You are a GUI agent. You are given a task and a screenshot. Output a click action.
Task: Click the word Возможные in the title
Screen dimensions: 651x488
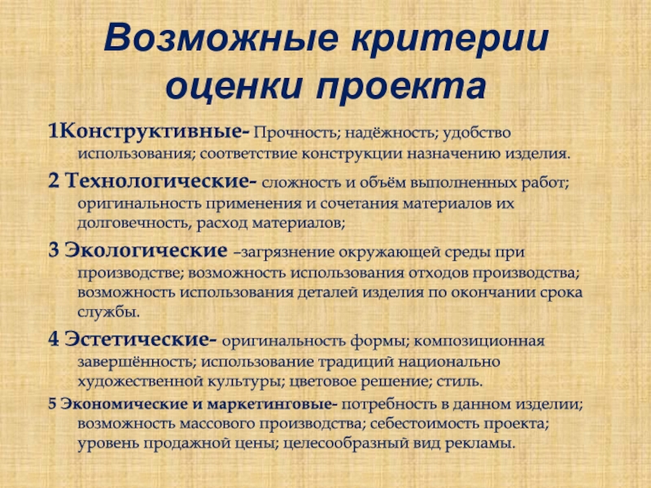221,38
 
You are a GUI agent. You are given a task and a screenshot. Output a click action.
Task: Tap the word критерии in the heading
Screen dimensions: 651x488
450,40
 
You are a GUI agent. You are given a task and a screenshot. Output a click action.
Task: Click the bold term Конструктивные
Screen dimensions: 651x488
152,133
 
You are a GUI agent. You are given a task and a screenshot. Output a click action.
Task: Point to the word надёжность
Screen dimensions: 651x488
391,133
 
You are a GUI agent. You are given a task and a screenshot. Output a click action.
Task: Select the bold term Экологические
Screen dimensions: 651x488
146,251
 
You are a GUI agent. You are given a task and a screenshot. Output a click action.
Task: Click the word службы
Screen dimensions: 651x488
109,312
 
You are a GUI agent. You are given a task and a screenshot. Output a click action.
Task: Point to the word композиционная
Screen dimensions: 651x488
478,341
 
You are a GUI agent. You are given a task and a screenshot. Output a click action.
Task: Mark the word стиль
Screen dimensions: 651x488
459,381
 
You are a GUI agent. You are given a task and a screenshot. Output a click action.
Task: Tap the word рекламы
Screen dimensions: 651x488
480,443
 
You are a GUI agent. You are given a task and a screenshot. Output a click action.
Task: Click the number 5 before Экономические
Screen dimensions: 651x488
52,404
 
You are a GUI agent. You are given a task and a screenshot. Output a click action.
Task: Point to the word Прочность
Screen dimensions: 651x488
296,133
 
